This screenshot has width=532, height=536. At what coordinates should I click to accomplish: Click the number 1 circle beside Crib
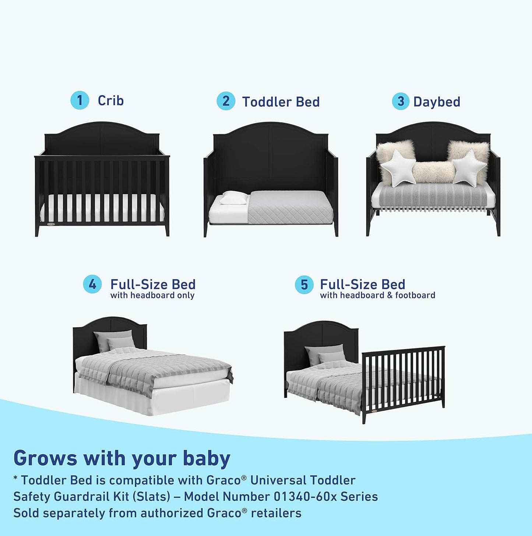(80, 100)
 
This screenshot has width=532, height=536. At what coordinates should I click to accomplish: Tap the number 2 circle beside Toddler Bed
(226, 101)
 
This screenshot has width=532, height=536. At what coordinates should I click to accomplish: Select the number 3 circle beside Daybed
(401, 101)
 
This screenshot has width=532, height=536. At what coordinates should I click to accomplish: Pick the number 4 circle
(92, 285)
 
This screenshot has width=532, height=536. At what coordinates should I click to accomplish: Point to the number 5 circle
(304, 285)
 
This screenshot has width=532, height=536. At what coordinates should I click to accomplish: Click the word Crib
(110, 100)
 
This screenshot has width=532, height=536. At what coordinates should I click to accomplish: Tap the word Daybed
(437, 102)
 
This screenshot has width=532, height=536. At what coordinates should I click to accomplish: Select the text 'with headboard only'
(152, 295)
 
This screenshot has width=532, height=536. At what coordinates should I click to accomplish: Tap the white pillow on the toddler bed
(233, 198)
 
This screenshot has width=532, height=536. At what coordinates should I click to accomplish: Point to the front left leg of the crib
(37, 230)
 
